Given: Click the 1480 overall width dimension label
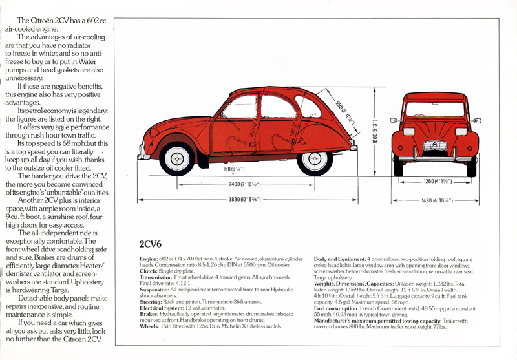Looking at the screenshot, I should coord(436,201).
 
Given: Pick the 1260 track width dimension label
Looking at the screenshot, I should coord(437,181).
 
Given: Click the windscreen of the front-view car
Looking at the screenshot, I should coord(435,109).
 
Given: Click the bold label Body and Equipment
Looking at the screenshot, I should coord(339,259).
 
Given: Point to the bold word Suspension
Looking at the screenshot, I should coord(156,289).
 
